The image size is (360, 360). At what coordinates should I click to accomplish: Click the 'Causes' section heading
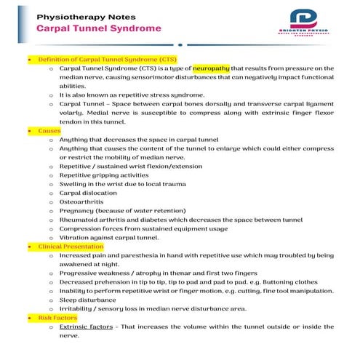pos(49,130)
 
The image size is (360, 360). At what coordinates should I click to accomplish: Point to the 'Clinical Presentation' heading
pos(71,246)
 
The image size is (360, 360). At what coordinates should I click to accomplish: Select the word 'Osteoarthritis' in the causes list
pos(83,201)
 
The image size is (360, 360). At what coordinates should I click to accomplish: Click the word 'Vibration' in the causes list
pos(75,237)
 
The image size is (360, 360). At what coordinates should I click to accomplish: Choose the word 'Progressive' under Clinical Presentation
pos(81,273)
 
